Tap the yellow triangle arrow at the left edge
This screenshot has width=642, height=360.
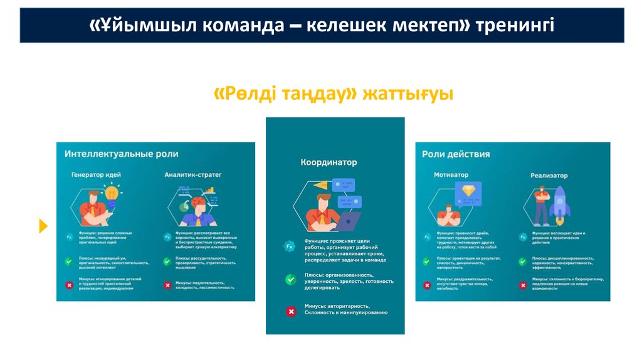tap(43, 226)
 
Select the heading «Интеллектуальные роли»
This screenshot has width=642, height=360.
tap(121, 154)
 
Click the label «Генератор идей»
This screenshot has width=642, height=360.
tap(96, 174)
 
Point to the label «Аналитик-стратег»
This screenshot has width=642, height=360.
tap(192, 174)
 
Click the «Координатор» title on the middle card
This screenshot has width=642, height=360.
tap(329, 162)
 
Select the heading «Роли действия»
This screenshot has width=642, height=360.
tap(456, 154)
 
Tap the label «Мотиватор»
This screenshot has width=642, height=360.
tap(451, 175)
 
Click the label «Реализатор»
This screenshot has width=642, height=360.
tap(549, 176)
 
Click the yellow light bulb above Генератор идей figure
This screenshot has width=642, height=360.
tap(113, 192)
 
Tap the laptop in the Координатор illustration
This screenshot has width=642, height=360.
tap(348, 221)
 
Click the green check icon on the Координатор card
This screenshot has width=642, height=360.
tap(290, 280)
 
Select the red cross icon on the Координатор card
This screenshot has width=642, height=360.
tap(290, 311)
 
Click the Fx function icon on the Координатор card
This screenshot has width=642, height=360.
tap(290, 246)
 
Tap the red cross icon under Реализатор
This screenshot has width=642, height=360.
tap(522, 285)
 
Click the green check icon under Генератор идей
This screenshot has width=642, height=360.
tap(68, 262)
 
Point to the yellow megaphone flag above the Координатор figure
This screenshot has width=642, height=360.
tap(322, 185)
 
